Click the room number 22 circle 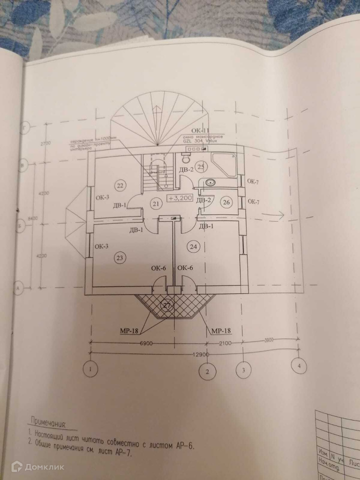click(120, 185)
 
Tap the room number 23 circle click(120, 258)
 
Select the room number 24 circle click(194, 245)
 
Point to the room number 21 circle click(155, 203)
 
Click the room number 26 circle click(226, 202)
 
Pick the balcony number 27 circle click(167, 304)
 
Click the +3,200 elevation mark click(180, 198)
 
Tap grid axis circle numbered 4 click(299, 366)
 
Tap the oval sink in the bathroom click(210, 182)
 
